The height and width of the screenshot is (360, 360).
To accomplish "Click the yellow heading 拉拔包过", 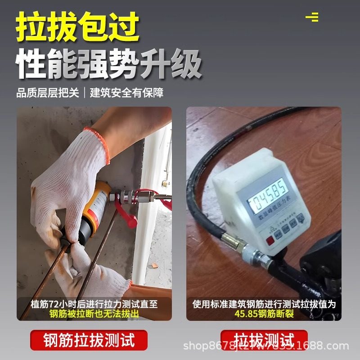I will [77, 27].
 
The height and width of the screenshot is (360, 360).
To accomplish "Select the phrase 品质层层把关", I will [48, 93].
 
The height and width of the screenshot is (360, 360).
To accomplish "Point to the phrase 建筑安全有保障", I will [127, 93].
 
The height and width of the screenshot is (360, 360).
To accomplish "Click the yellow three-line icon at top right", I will [312, 17].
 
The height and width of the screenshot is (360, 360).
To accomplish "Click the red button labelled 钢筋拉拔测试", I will [89, 340].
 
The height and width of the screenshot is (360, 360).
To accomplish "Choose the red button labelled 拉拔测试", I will [264, 340].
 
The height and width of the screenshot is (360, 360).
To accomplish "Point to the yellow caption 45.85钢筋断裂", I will [264, 314].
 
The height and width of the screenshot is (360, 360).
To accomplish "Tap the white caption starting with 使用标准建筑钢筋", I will [264, 304].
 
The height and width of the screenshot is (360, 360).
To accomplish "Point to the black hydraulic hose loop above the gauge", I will [211, 144].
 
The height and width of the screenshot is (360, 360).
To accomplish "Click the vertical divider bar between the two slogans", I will [85, 93].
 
